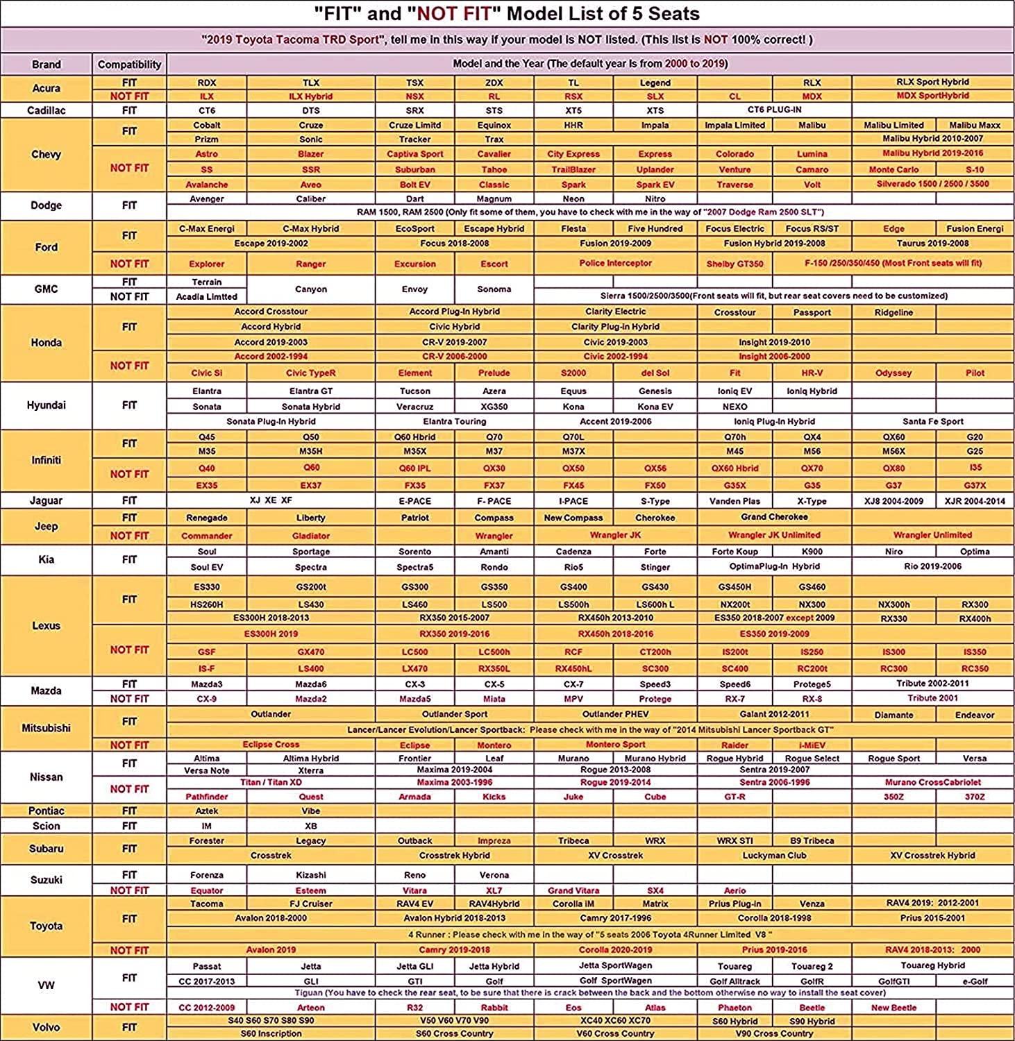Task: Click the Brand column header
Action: click(x=46, y=65)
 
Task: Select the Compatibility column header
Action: click(x=129, y=65)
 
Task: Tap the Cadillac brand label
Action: click(x=46, y=110)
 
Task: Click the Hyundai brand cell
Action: click(x=46, y=405)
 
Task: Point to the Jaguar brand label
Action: click(x=46, y=500)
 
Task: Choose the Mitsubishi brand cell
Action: click(x=46, y=728)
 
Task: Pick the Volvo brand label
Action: click(x=46, y=1027)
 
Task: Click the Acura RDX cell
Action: click(x=207, y=83)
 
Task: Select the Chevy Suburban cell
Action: click(x=414, y=169)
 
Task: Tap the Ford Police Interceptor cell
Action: click(x=615, y=263)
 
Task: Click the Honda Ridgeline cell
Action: click(x=894, y=312)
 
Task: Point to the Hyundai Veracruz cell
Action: click(x=414, y=407)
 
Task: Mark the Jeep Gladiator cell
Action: click(x=310, y=536)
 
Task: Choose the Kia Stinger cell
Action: click(x=655, y=567)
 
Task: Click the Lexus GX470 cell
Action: click(x=310, y=652)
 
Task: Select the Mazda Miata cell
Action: click(x=494, y=699)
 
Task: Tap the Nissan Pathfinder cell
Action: click(x=207, y=797)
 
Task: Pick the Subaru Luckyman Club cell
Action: click(x=774, y=856)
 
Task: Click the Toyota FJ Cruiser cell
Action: click(x=310, y=904)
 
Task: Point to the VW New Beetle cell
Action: click(x=894, y=1008)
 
